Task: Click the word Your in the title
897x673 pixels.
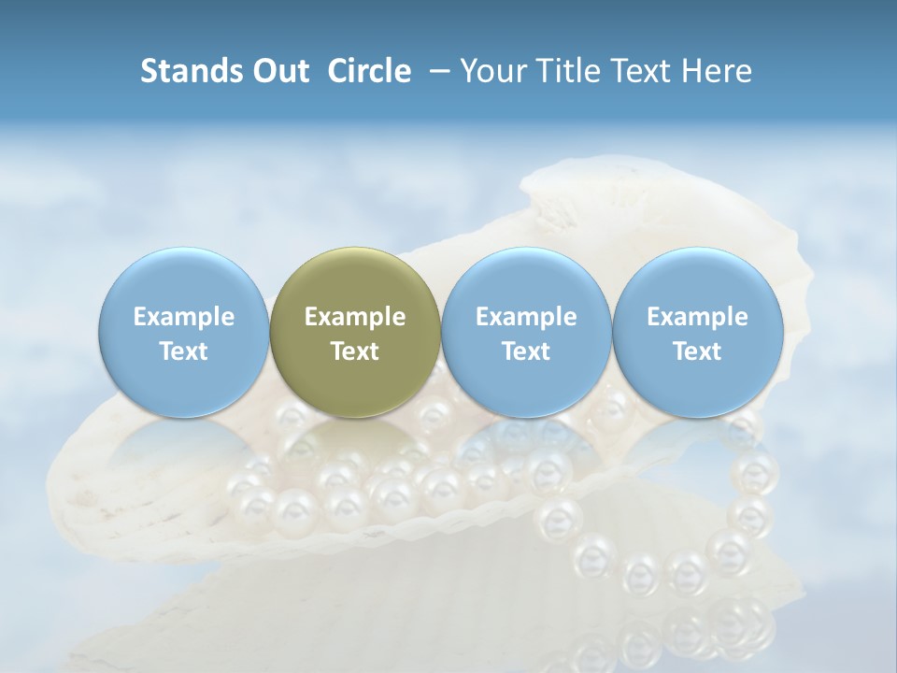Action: click(492, 71)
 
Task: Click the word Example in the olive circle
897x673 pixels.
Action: click(355, 317)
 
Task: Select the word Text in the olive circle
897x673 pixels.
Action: click(355, 351)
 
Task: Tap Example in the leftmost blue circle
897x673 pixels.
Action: click(184, 317)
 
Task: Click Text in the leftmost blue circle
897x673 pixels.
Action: click(184, 351)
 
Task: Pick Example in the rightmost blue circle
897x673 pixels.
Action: click(697, 317)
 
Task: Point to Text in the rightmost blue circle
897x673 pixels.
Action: click(697, 351)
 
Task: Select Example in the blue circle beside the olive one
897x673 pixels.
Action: click(526, 317)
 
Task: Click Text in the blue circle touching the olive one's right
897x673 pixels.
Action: click(526, 351)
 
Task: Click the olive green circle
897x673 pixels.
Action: click(355, 280)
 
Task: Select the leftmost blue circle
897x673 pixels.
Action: click(184, 280)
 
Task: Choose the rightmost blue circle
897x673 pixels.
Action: click(697, 280)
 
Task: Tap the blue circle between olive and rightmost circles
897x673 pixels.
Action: click(526, 280)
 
